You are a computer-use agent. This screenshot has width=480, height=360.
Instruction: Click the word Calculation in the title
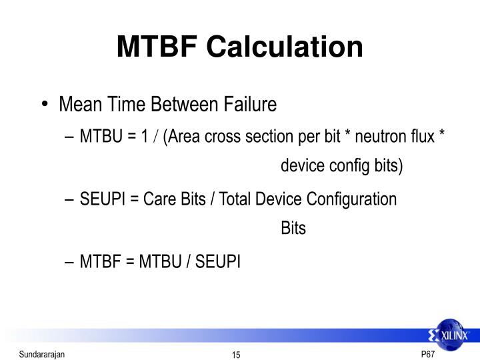coord(284,47)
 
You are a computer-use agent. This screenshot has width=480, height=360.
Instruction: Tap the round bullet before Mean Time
coord(45,105)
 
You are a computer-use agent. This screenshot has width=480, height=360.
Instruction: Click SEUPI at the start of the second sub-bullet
coord(101,199)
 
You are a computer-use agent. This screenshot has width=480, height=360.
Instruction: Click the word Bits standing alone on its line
coord(293,229)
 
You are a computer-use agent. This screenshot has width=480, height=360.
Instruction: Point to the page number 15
coord(236,354)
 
